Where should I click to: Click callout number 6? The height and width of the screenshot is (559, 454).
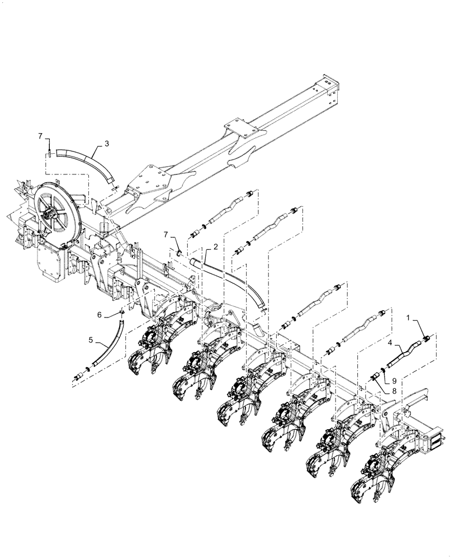[100, 315]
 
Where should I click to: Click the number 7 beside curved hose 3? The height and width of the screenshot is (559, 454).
[40, 136]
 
